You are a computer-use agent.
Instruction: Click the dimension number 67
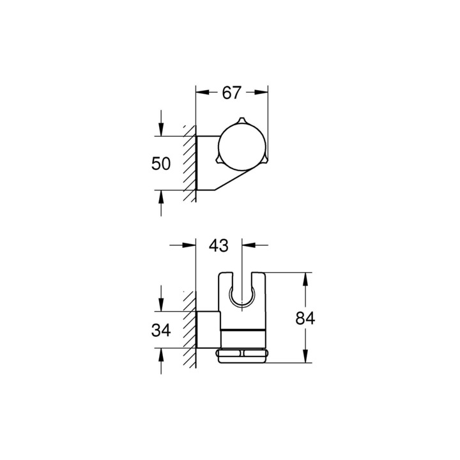231,93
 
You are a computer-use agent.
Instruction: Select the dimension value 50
161,164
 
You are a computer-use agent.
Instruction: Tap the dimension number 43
218,245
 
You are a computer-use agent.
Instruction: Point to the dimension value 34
161,331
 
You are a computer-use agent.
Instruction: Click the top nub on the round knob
241,121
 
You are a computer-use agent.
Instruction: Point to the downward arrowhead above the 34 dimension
161,307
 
